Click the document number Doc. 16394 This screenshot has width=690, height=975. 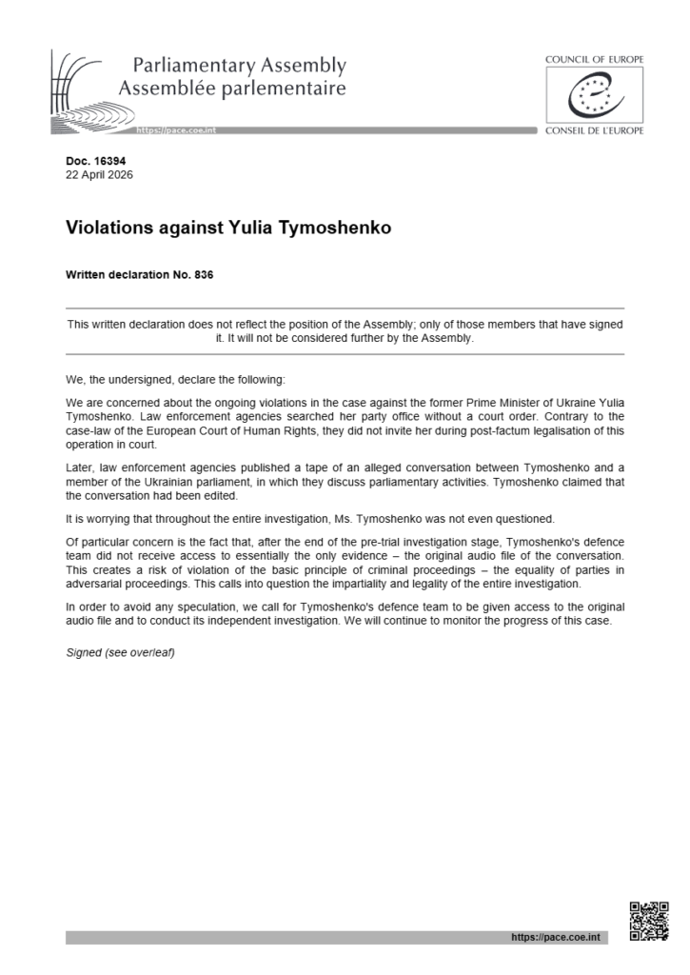point(92,162)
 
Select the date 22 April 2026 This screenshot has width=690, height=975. point(100,174)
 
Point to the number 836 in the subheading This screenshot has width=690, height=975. point(203,276)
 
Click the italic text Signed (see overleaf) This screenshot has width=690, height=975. point(120,653)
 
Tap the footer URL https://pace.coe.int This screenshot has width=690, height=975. point(556,938)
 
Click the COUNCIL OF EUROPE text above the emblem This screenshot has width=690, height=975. point(594,59)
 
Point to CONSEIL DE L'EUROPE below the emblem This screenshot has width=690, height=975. point(594,130)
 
